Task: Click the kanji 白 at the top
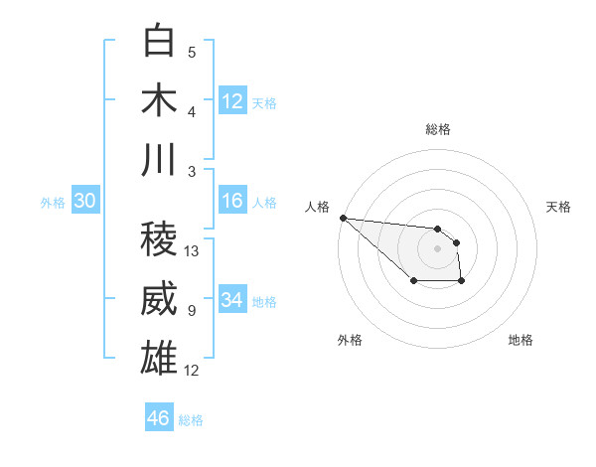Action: point(160,41)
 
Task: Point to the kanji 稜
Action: point(160,238)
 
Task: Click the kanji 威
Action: point(160,298)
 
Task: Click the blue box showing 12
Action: point(232,101)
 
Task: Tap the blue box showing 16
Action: point(232,202)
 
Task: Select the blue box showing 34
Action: point(232,301)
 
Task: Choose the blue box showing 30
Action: point(84,202)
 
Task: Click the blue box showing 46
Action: point(159,418)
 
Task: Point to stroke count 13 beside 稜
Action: point(193,251)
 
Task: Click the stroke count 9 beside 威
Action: point(191,311)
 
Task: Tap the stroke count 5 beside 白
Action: point(191,52)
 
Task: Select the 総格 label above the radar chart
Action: point(437,129)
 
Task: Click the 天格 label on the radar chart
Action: point(559,207)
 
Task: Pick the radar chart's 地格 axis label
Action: point(521,340)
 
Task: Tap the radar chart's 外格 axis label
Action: point(350,340)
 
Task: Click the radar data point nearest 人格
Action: point(343,218)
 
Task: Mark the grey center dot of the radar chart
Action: point(437,247)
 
